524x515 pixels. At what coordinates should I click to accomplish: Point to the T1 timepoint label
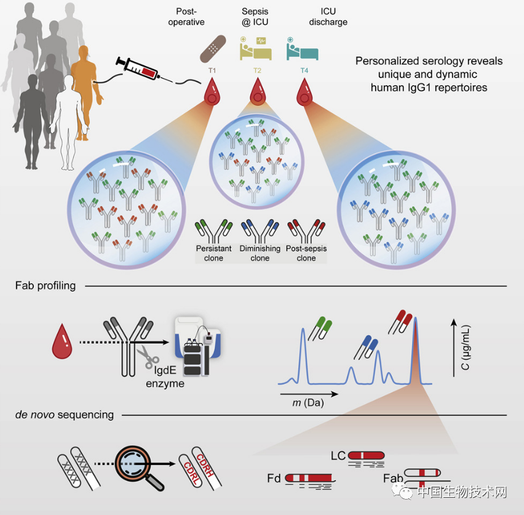point(212,71)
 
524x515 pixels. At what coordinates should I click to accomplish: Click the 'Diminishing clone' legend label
point(260,253)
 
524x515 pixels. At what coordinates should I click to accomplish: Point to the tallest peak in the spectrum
point(416,326)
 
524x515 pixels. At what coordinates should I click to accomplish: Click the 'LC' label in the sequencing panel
point(338,456)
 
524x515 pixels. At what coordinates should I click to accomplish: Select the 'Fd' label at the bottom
point(274,479)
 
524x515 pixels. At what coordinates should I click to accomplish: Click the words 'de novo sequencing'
point(65,415)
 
